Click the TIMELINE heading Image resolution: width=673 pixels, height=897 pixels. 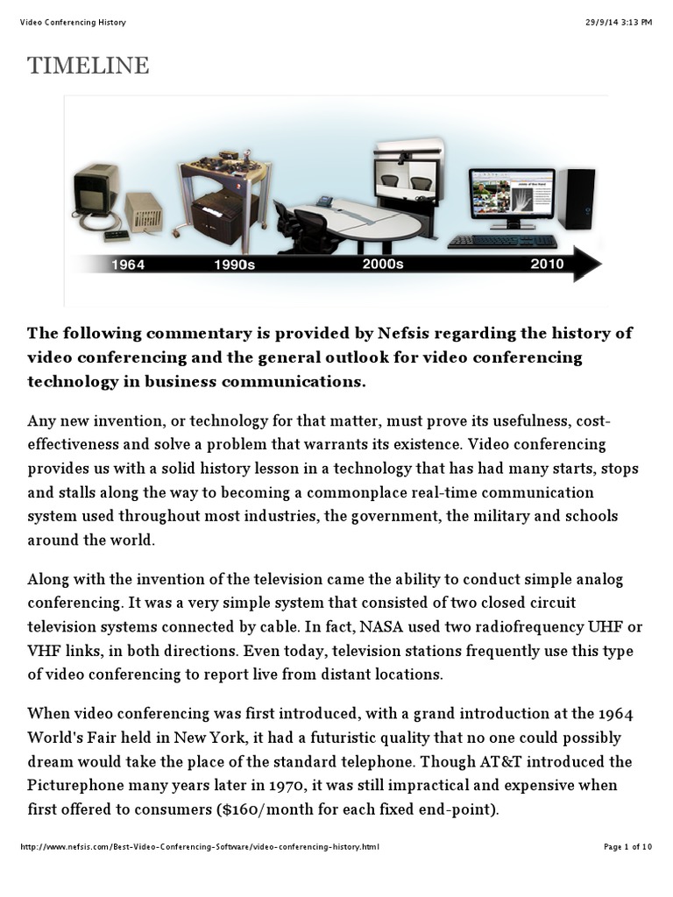(88, 66)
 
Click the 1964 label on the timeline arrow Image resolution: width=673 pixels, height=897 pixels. (127, 265)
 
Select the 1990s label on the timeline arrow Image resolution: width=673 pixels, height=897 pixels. (234, 265)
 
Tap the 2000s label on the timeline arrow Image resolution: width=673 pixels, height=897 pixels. (383, 263)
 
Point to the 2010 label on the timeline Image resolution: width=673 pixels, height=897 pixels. (547, 263)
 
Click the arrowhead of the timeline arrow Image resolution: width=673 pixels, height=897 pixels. (587, 264)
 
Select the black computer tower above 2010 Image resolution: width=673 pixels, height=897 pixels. (577, 199)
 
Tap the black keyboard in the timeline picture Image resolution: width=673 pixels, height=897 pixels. (502, 241)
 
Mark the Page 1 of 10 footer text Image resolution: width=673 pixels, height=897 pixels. (628, 847)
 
